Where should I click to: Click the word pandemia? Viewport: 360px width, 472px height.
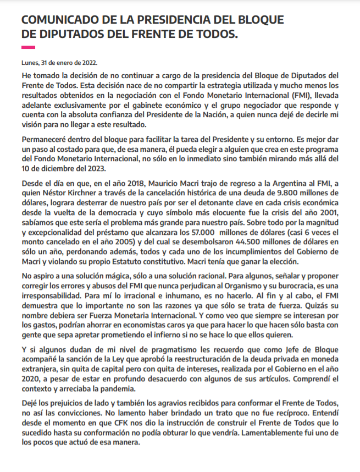pos(134,388)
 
